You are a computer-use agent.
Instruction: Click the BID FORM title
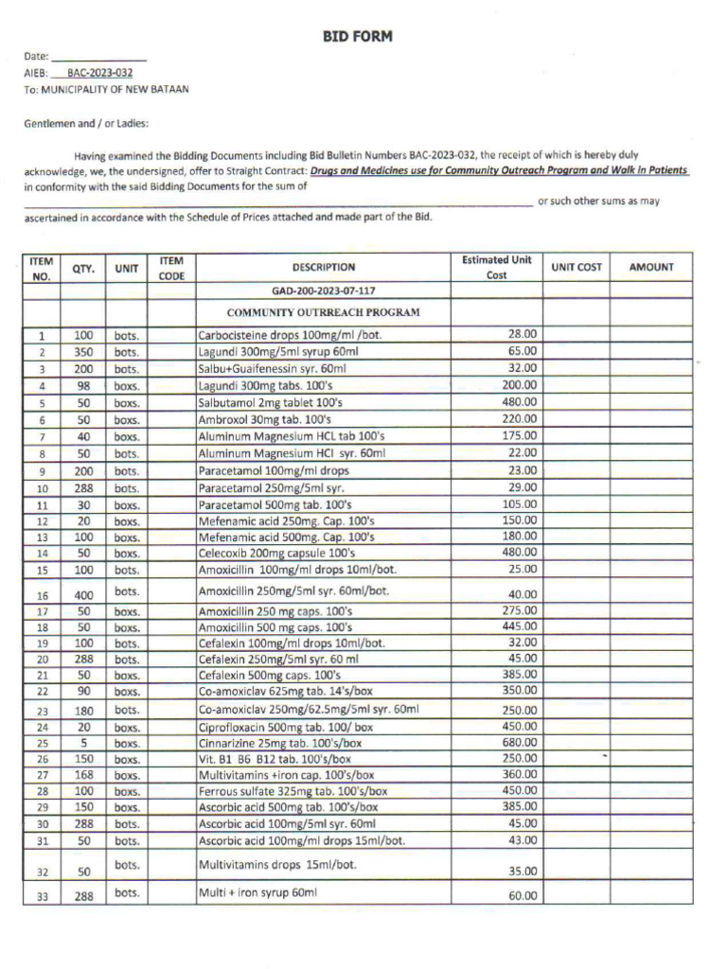click(357, 37)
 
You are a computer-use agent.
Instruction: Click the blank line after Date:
click(98, 58)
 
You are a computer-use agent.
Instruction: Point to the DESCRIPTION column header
click(324, 268)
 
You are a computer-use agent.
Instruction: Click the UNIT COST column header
click(576, 268)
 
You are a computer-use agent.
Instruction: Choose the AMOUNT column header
click(651, 268)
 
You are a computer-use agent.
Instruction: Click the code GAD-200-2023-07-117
click(323, 291)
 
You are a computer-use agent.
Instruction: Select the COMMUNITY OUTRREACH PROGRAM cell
click(323, 312)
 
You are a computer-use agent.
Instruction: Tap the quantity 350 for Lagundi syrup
click(82, 352)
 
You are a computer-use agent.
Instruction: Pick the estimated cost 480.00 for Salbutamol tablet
click(519, 402)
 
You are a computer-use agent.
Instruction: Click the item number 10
click(42, 489)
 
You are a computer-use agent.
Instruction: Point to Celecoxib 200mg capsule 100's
click(276, 554)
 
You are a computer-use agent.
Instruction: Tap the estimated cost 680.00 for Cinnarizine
click(519, 743)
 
